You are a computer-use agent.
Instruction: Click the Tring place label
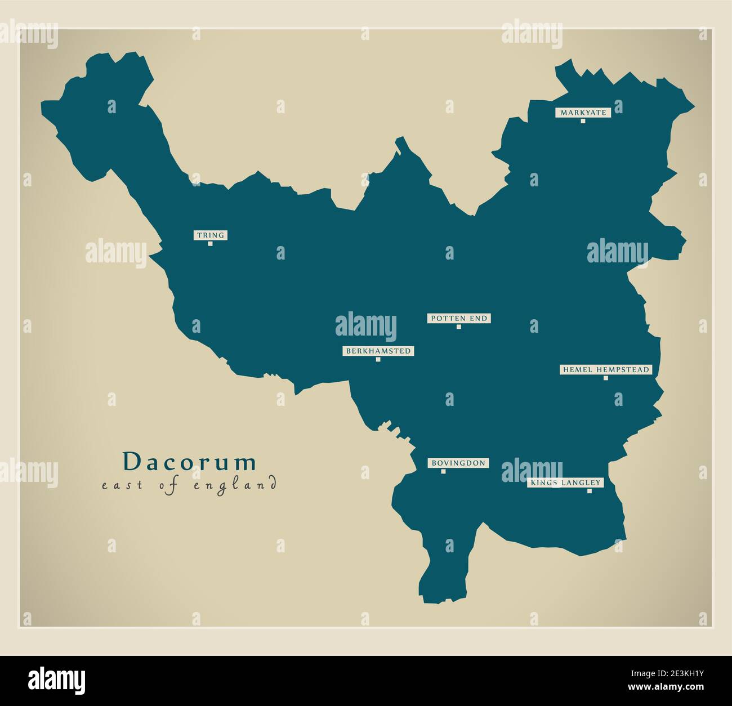coord(211,235)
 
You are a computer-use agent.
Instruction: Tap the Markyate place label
coord(583,113)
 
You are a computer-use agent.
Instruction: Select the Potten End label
coord(458,319)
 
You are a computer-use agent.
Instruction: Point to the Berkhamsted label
coord(378,351)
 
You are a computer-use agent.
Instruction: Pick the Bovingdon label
coord(458,463)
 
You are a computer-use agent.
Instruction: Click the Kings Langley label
coord(565,483)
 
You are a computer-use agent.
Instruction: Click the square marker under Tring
coord(211,244)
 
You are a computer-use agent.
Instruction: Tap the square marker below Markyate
coord(583,121)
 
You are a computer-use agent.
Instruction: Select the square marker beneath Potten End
coord(459,327)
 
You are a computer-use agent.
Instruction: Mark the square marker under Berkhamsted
coord(378,360)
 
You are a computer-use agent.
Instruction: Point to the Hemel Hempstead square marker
coord(606,378)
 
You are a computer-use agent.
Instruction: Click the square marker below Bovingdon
coord(443,472)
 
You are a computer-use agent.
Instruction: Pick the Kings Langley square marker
coord(590,491)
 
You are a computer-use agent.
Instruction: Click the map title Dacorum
coord(190,462)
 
